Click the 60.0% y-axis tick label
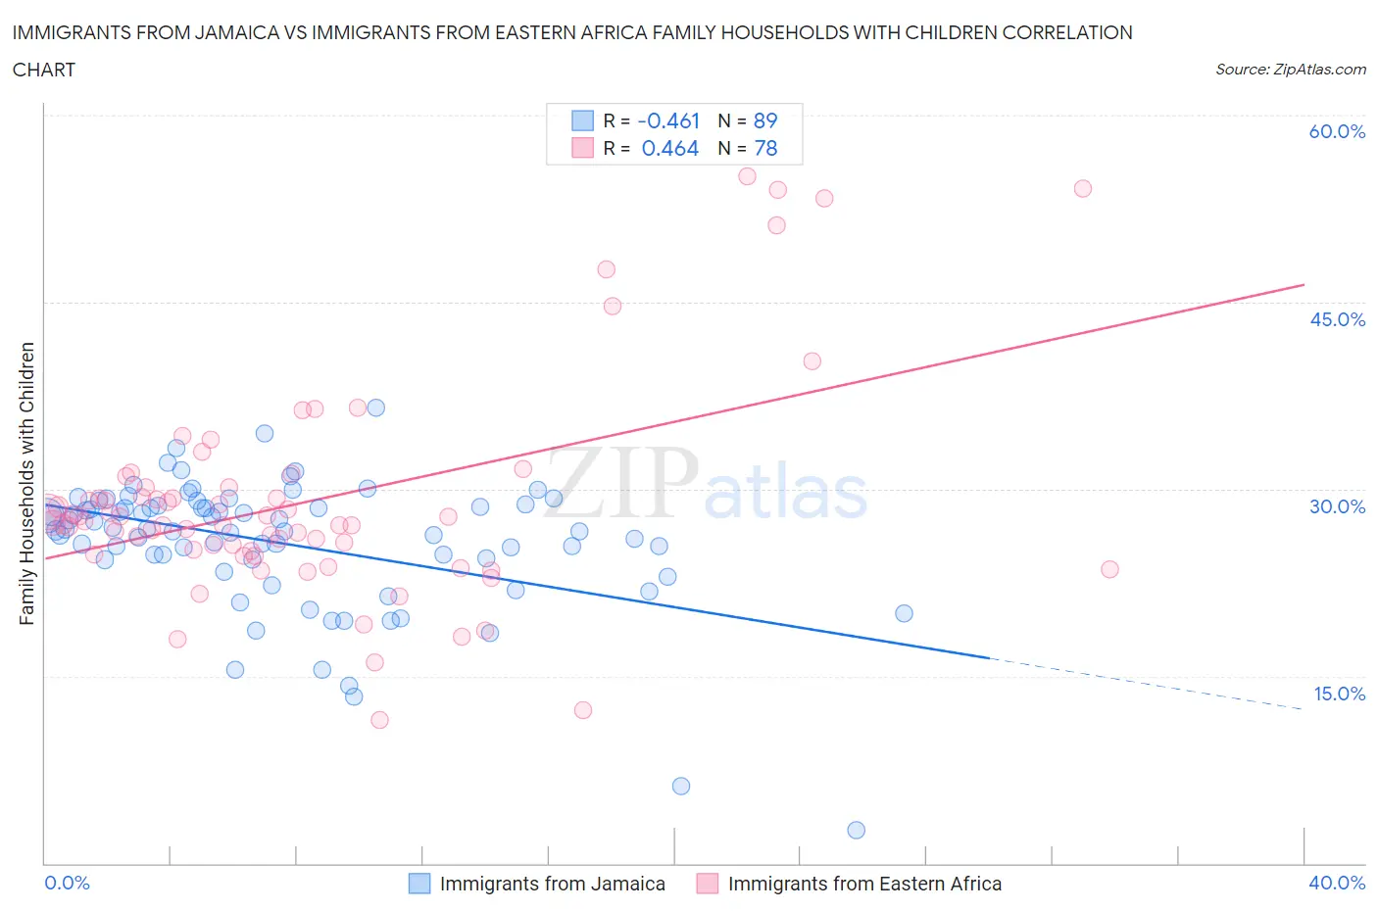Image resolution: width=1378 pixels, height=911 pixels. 1337,131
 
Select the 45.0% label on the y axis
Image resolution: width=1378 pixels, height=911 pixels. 1337,319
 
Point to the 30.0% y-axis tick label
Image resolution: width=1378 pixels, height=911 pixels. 1337,506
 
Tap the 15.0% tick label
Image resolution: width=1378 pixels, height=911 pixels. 1337,694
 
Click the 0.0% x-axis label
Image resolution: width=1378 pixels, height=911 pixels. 67,883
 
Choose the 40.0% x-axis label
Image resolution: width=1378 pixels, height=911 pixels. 1337,883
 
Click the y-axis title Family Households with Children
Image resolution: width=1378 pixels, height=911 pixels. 27,483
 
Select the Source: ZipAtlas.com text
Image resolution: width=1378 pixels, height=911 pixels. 1290,69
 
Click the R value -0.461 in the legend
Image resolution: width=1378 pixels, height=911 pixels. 668,120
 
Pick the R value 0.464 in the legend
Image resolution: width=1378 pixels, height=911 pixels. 669,148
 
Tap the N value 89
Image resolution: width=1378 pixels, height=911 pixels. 765,120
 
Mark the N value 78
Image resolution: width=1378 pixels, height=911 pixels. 765,148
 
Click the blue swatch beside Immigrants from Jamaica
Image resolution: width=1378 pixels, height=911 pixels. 419,884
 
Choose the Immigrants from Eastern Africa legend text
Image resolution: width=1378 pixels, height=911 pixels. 864,884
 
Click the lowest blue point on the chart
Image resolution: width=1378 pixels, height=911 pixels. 856,830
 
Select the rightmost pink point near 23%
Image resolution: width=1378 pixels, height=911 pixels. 1109,569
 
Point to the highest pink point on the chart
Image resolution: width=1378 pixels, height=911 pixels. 747,176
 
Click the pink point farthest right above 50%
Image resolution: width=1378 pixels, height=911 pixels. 1082,188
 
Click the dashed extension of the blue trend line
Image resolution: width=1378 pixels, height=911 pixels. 1147,683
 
